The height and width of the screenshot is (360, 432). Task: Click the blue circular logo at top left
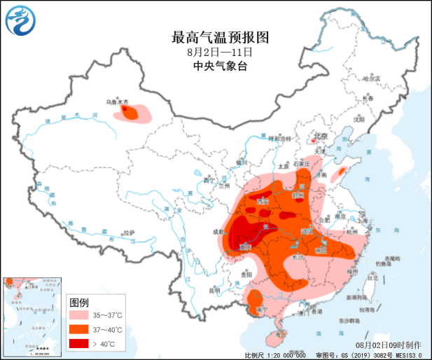(x=20, y=23)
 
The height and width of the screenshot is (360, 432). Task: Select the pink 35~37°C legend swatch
(x=81, y=315)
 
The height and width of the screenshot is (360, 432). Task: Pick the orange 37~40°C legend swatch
(x=81, y=329)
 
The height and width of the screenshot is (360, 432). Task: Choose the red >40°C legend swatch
(x=81, y=343)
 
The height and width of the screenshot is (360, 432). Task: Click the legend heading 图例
(x=79, y=302)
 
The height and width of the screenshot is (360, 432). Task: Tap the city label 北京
(x=320, y=137)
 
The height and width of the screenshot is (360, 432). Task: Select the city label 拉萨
(x=127, y=233)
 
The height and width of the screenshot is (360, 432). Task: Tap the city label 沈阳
(x=361, y=119)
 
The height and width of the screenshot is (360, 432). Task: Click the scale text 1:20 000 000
(x=284, y=355)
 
